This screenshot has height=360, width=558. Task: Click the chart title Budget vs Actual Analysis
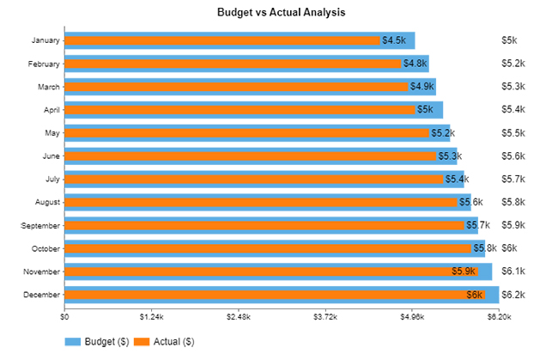282,12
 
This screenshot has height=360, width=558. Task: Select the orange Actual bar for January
221,40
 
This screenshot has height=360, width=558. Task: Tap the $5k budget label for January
509,40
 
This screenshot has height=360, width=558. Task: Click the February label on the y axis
44,64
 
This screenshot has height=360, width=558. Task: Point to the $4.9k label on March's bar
422,87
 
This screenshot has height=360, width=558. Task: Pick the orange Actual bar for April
240,110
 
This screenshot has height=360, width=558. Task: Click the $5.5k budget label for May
513,133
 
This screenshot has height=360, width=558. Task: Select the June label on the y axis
51,156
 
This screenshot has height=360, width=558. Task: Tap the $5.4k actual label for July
456,180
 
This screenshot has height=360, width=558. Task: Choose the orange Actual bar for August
261,202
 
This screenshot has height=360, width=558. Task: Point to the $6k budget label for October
509,248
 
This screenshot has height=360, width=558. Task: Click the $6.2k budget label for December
513,295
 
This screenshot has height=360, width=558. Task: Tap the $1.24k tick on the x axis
151,316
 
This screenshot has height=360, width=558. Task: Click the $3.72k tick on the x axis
325,316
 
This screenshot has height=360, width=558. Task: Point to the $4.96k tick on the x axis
412,316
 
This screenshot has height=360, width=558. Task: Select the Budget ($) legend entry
97,341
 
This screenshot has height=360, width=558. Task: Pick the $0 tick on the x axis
64,316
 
